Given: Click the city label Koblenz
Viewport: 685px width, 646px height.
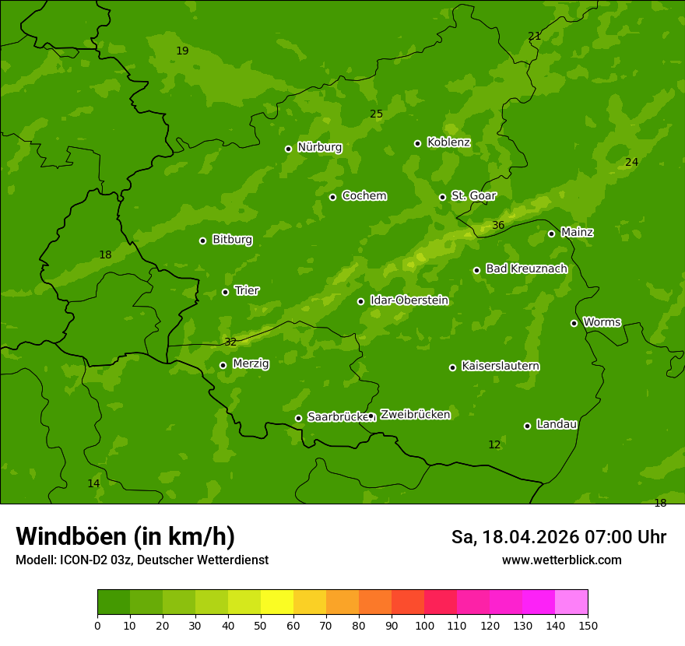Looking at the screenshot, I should [448, 142].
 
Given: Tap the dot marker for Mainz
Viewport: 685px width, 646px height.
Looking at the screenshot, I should [551, 233].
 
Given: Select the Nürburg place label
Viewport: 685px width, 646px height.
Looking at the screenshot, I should [319, 147].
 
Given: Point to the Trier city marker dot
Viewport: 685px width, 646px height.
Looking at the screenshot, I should [225, 292].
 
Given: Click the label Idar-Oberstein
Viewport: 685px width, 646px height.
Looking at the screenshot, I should [409, 300].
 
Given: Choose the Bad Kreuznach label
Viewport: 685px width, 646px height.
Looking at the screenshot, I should [526, 269].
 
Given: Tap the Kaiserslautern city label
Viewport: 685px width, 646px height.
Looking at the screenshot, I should [500, 366].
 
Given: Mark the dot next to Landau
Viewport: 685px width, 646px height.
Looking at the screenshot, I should [527, 426].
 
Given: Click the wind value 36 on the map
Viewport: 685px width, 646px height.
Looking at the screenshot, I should [498, 226].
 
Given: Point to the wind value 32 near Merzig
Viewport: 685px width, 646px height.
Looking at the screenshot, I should [230, 342].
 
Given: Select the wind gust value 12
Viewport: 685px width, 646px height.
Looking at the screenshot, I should [494, 444].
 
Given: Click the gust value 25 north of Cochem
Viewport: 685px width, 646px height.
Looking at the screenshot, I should [376, 114].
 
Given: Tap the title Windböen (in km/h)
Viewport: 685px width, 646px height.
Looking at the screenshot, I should [125, 536].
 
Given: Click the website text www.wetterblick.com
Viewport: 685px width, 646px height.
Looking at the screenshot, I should [561, 560].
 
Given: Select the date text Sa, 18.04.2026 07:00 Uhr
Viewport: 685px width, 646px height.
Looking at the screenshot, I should [558, 537].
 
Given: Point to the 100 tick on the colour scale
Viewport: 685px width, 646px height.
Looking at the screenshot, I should [424, 625].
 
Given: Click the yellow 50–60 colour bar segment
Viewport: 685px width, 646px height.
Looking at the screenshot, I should [277, 602].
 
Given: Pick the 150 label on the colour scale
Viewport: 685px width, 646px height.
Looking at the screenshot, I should [588, 625].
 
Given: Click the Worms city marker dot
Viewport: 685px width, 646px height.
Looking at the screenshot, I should [574, 323].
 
